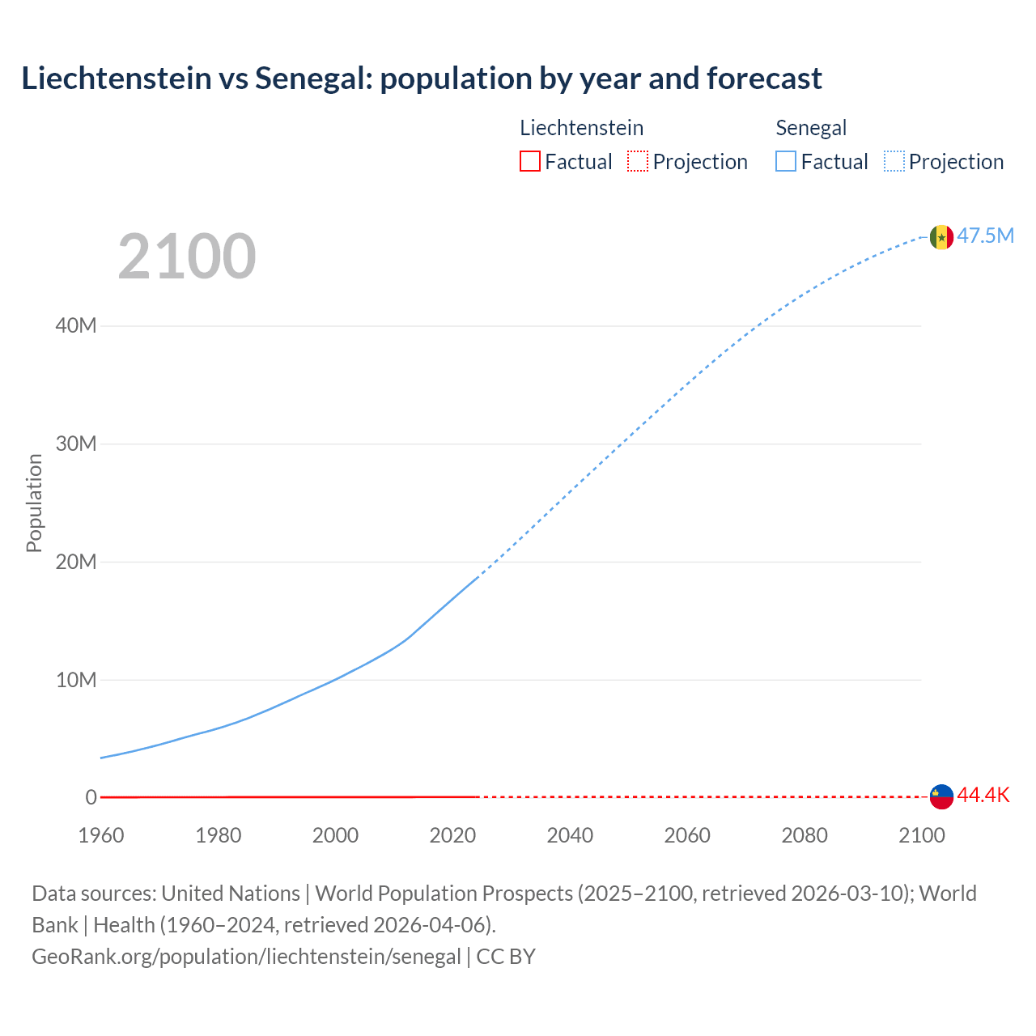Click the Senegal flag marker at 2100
[941, 237]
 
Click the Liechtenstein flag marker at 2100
[941, 796]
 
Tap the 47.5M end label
[985, 236]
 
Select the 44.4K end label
[983, 795]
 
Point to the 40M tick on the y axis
[76, 325]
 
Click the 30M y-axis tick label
[76, 444]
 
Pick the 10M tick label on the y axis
[76, 680]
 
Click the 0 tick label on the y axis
[91, 797]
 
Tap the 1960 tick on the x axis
[101, 835]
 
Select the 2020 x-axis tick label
[452, 835]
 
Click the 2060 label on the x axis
[687, 835]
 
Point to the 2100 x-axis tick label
[921, 835]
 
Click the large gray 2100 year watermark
[187, 257]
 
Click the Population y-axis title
[34, 503]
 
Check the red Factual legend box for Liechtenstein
[529, 161]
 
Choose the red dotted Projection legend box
[638, 161]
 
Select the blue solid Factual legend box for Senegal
[785, 161]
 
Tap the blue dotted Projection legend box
[894, 161]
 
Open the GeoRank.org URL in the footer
[246, 957]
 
